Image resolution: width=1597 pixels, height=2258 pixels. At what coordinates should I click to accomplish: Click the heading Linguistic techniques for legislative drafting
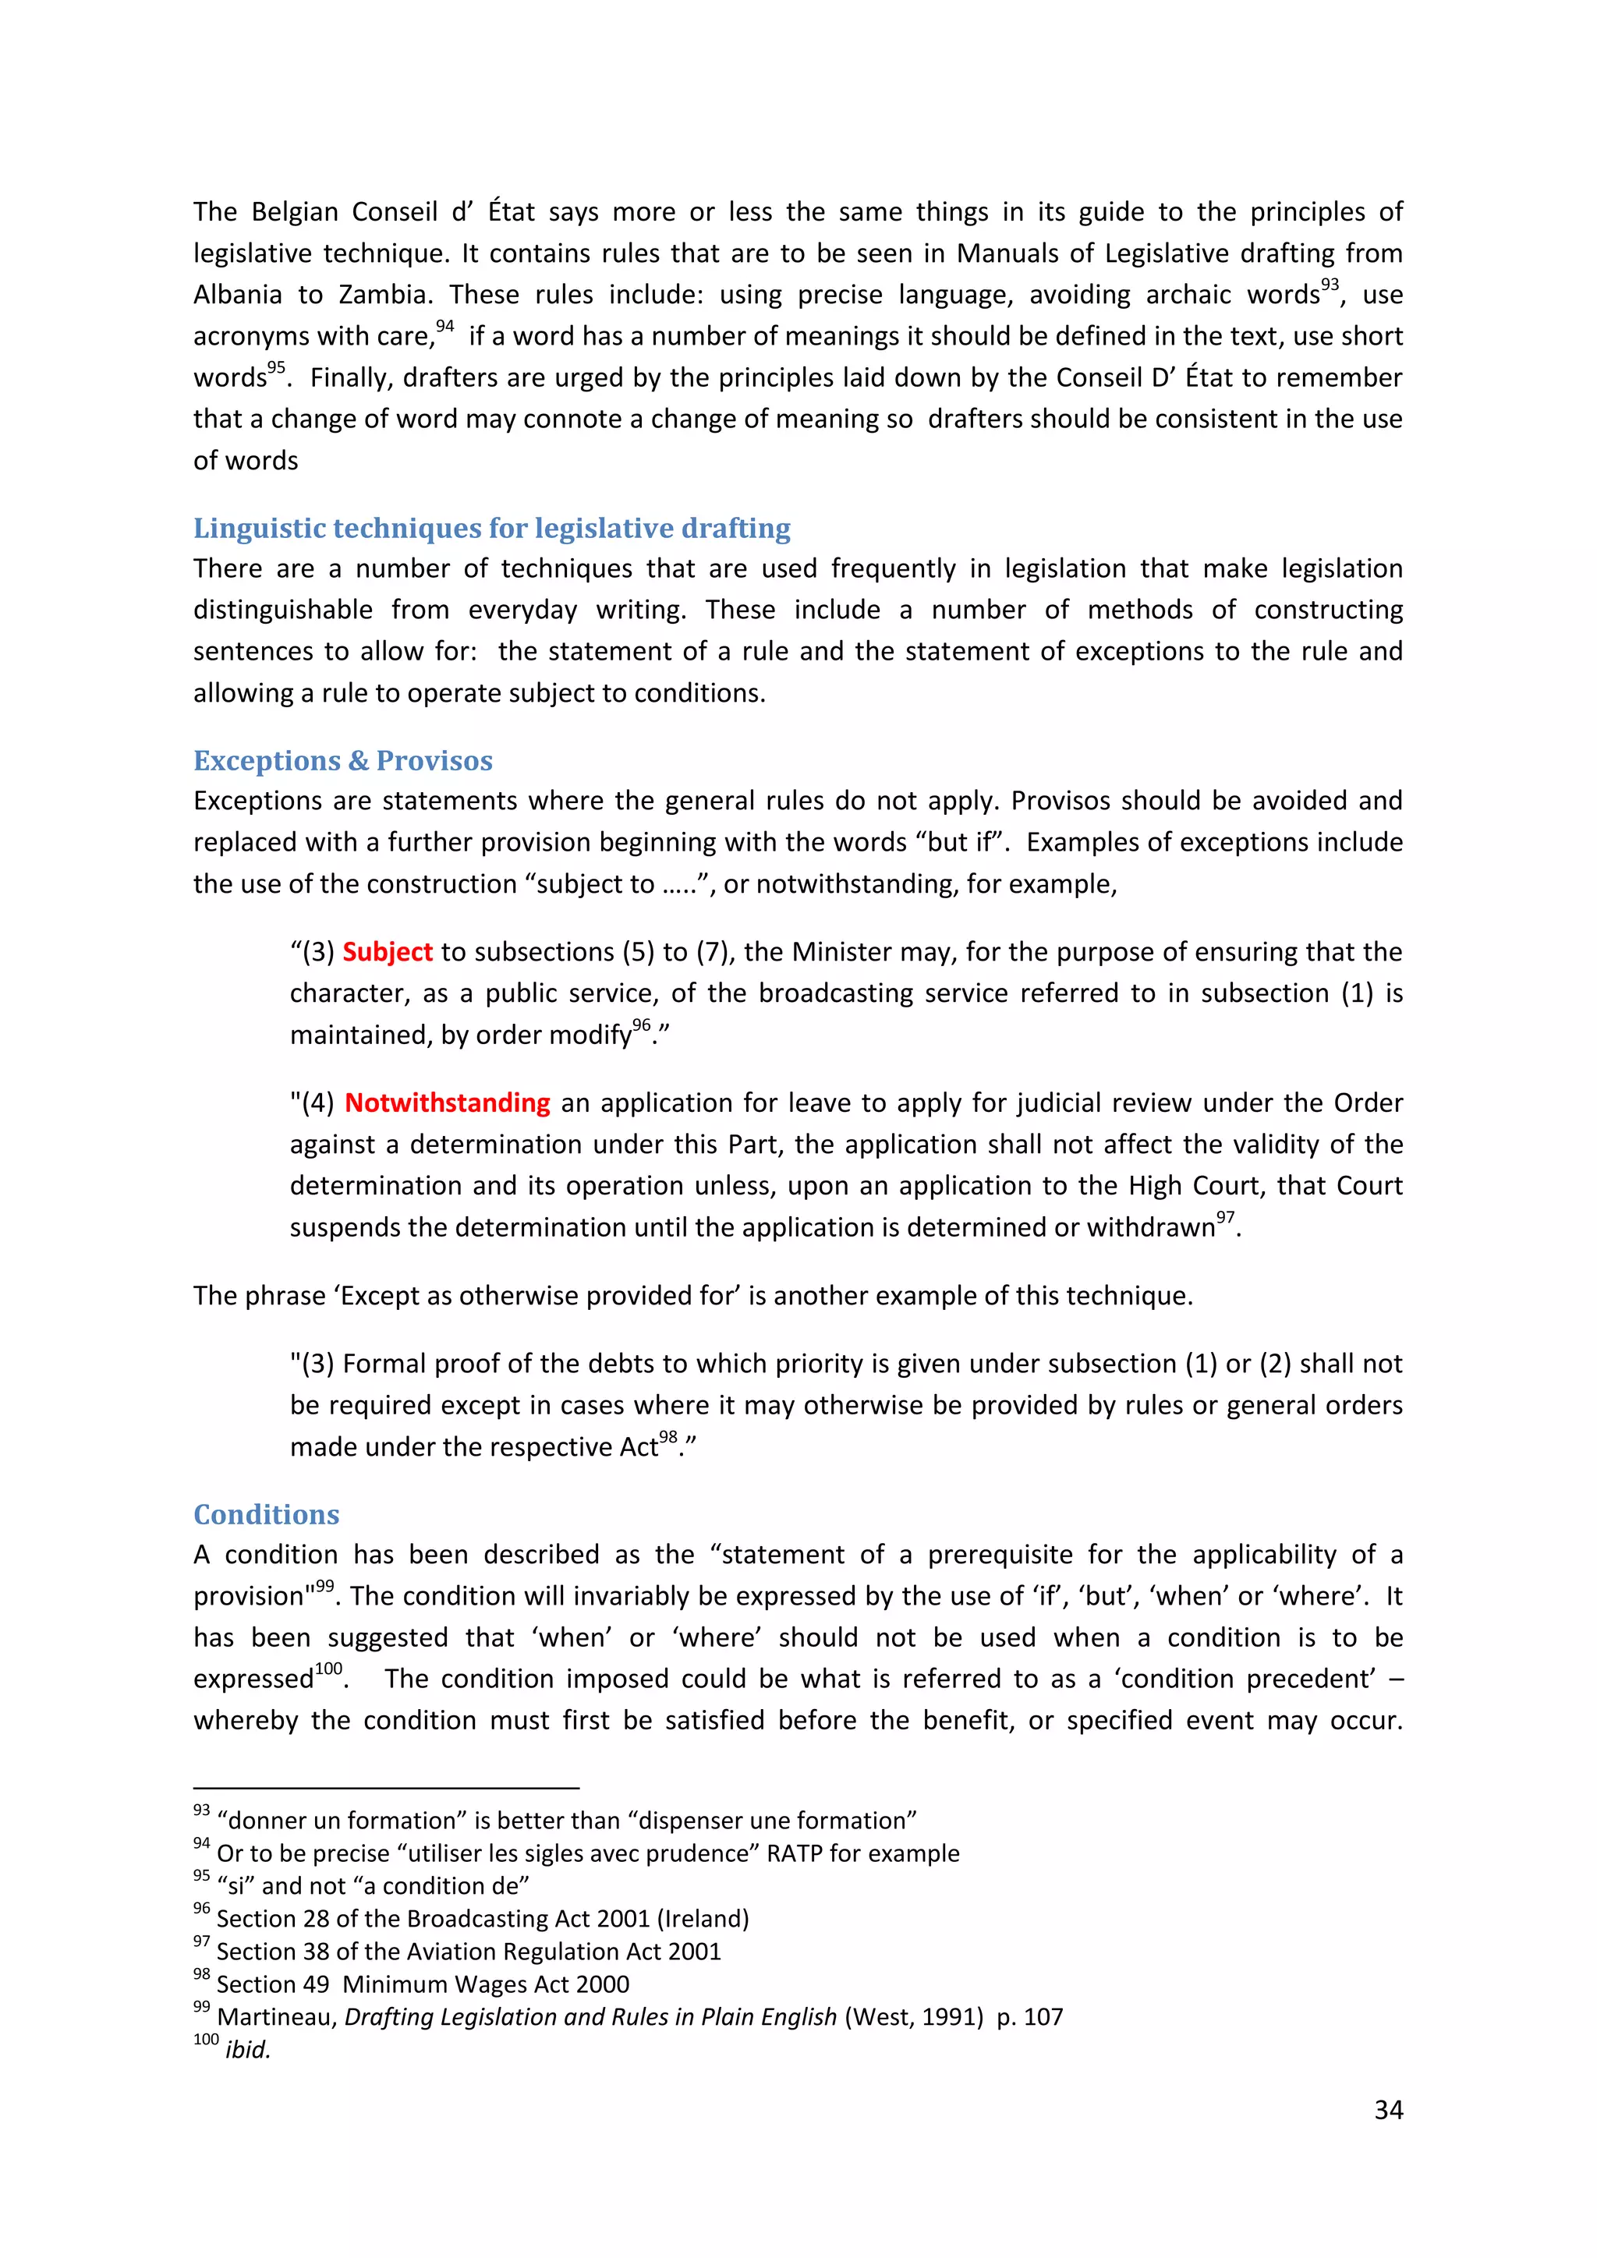[x=492, y=529]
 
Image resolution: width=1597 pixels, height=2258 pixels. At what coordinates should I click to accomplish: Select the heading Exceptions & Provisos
[x=342, y=761]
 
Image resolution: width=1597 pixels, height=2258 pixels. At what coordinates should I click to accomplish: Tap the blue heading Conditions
[x=267, y=1514]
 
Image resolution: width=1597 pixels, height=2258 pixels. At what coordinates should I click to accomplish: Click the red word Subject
[x=388, y=952]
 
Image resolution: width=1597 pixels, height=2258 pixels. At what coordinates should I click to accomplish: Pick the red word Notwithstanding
[x=448, y=1103]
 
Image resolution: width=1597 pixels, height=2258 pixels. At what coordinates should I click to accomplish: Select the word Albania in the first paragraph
[x=236, y=295]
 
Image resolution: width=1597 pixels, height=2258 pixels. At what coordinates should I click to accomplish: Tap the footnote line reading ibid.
[x=247, y=2051]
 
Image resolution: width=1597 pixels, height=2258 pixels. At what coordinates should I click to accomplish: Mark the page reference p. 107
[x=1029, y=2017]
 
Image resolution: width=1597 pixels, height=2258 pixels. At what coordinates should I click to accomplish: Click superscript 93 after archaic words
[x=1330, y=285]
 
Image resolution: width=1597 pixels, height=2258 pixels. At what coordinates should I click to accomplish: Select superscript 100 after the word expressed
[x=328, y=1669]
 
